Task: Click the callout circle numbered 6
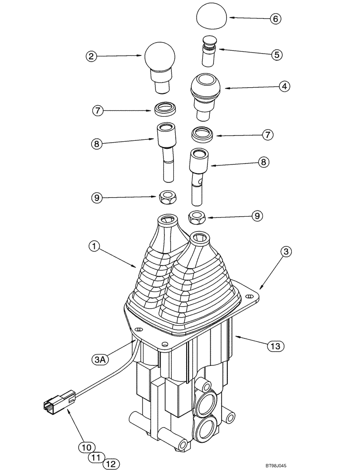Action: click(275, 19)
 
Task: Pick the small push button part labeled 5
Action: click(208, 51)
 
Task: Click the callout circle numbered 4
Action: click(284, 87)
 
